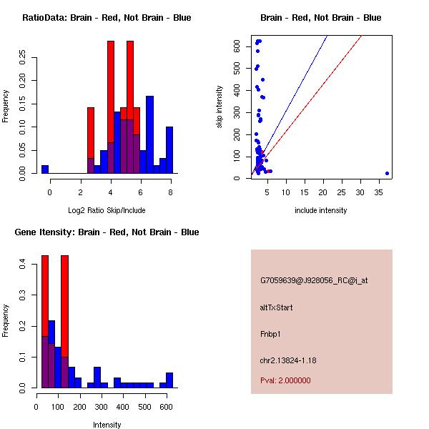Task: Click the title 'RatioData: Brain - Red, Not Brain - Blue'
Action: tap(107, 18)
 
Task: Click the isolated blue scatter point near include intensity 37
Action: tap(387, 173)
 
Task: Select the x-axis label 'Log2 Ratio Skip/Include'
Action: tap(107, 209)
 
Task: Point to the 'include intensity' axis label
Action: tap(321, 210)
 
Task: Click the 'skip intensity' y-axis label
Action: tap(220, 107)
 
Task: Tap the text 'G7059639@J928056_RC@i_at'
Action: tap(314, 281)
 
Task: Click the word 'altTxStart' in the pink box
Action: tap(276, 307)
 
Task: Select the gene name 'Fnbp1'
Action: tap(270, 334)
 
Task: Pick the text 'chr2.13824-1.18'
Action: tap(287, 360)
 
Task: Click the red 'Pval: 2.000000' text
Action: tap(285, 380)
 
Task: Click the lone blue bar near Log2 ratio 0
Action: tap(45, 169)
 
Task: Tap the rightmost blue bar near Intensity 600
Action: tap(169, 380)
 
